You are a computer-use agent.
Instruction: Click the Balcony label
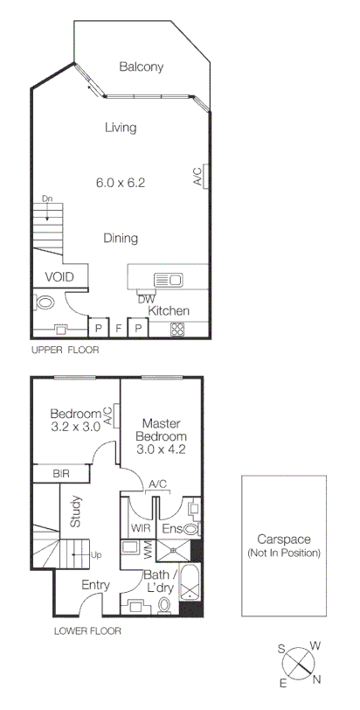(x=142, y=66)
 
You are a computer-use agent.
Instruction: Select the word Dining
(x=121, y=238)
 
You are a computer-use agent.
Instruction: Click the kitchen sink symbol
(x=167, y=280)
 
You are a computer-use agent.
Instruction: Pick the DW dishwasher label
(x=146, y=298)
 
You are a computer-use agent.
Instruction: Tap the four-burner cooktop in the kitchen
(x=177, y=329)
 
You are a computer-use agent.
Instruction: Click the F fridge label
(x=118, y=330)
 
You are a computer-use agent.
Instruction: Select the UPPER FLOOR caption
(x=65, y=349)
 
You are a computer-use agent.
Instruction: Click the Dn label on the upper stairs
(x=48, y=199)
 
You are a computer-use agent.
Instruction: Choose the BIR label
(x=60, y=473)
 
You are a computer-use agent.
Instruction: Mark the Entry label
(x=95, y=585)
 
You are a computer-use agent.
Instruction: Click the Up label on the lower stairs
(x=96, y=554)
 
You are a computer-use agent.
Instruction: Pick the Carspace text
(x=284, y=539)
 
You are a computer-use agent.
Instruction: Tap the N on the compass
(x=318, y=677)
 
